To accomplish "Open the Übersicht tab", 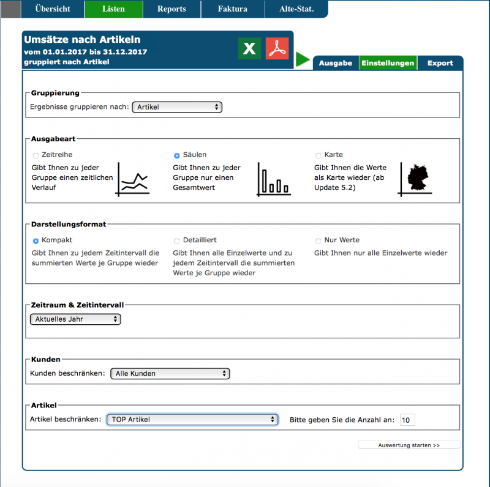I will (53, 9).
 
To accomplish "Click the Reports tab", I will (171, 9).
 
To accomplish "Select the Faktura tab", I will (233, 9).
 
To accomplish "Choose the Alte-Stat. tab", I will (296, 9).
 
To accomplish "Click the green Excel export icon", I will (249, 49).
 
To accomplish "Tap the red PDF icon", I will (277, 49).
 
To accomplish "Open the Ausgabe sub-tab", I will (336, 63).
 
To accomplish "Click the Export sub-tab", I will (440, 63).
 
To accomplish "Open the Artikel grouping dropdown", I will (177, 107).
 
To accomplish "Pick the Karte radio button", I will (318, 155).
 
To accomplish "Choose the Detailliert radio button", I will (177, 241).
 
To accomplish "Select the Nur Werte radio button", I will (318, 241).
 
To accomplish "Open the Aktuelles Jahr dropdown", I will (75, 319).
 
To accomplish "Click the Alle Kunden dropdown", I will (170, 373).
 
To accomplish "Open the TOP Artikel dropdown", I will (192, 420).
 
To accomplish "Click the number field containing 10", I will (407, 420).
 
